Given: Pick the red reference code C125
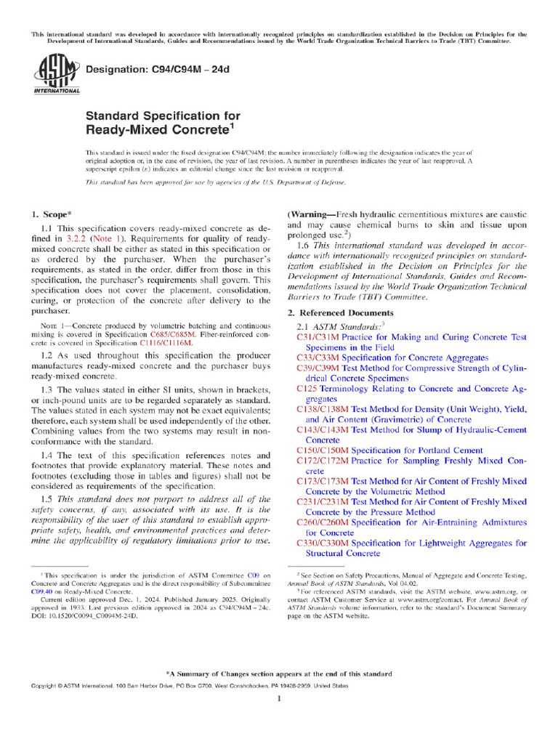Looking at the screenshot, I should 308,389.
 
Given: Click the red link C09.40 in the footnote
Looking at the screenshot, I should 41,591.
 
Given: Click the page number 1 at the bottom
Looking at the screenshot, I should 279,698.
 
